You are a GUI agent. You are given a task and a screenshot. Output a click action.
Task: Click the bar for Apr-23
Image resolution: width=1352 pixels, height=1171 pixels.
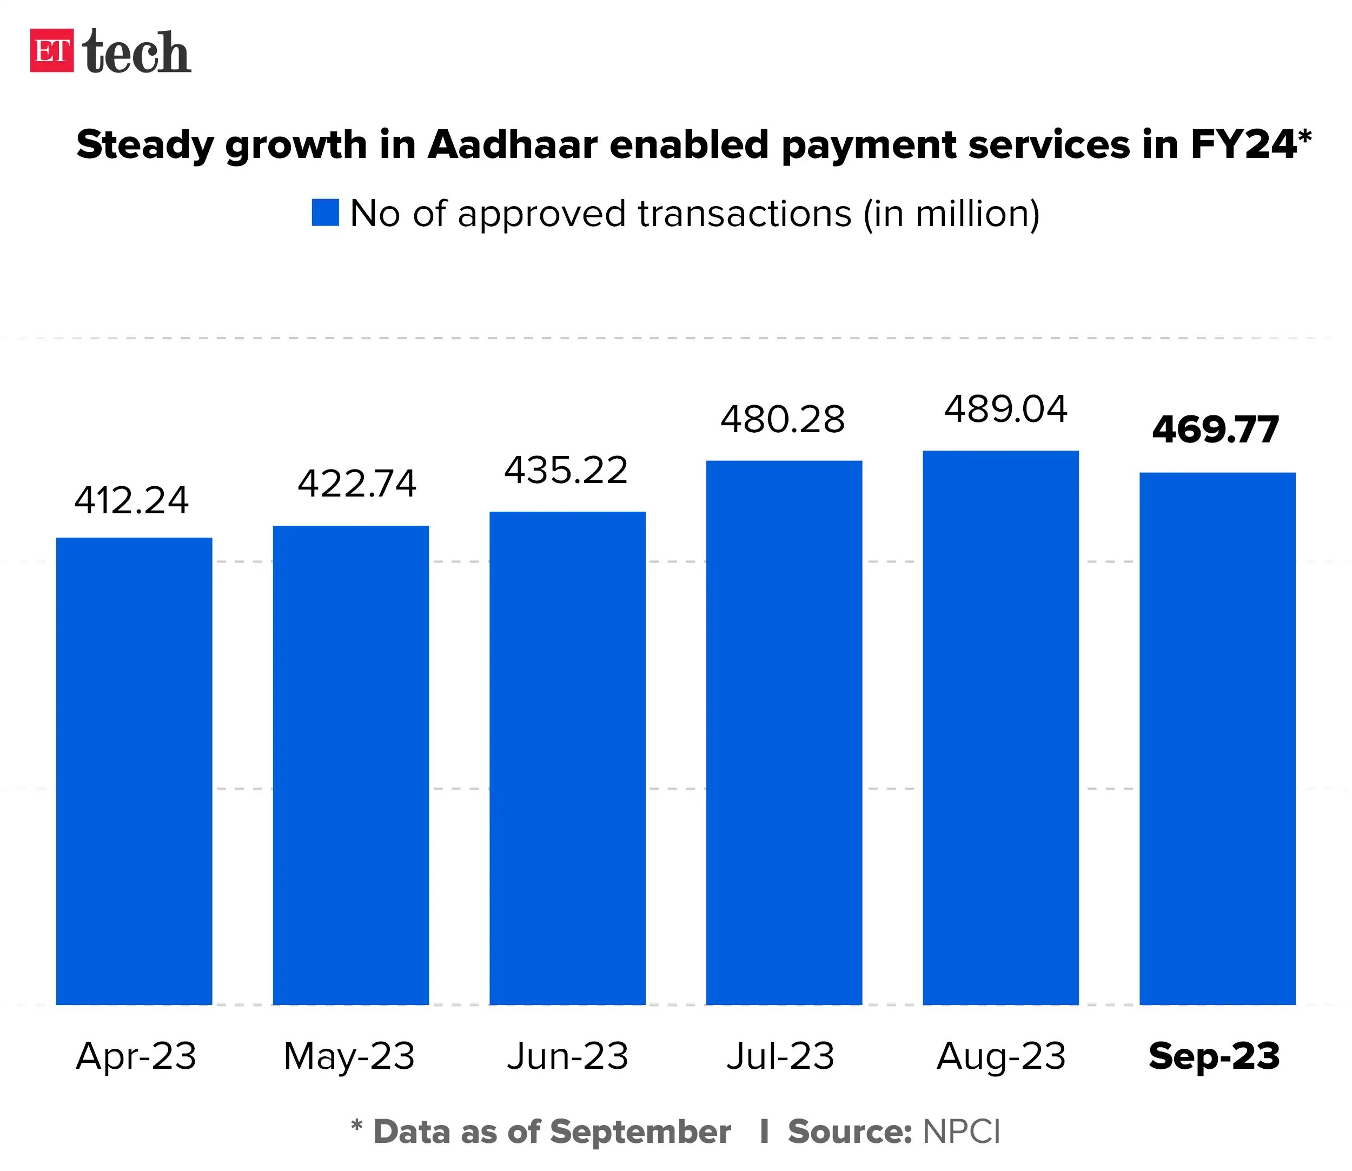click(134, 771)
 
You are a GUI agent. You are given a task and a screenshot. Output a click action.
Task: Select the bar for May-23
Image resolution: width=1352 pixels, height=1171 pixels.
click(351, 765)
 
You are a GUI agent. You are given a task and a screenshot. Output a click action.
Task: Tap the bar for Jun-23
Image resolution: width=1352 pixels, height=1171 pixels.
click(567, 758)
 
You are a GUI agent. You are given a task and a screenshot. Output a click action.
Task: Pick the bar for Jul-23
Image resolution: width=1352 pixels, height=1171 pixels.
click(784, 732)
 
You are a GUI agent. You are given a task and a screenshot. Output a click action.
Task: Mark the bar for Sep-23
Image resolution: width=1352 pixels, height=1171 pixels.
click(1217, 738)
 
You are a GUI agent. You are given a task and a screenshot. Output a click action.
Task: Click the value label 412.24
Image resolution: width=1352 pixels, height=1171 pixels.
click(131, 501)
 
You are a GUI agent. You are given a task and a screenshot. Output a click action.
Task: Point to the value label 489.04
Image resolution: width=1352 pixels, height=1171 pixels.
click(1006, 410)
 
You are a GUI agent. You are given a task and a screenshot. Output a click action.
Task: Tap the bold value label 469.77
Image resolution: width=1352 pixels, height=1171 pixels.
click(1215, 430)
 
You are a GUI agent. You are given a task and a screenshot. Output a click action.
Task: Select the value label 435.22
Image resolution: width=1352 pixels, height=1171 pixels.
click(566, 471)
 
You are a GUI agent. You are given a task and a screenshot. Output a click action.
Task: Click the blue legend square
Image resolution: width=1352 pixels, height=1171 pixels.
click(325, 213)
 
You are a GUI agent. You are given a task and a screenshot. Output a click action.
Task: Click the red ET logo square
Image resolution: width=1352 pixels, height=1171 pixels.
click(51, 50)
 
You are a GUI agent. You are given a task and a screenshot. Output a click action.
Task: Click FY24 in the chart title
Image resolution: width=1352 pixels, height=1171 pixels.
click(1242, 144)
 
